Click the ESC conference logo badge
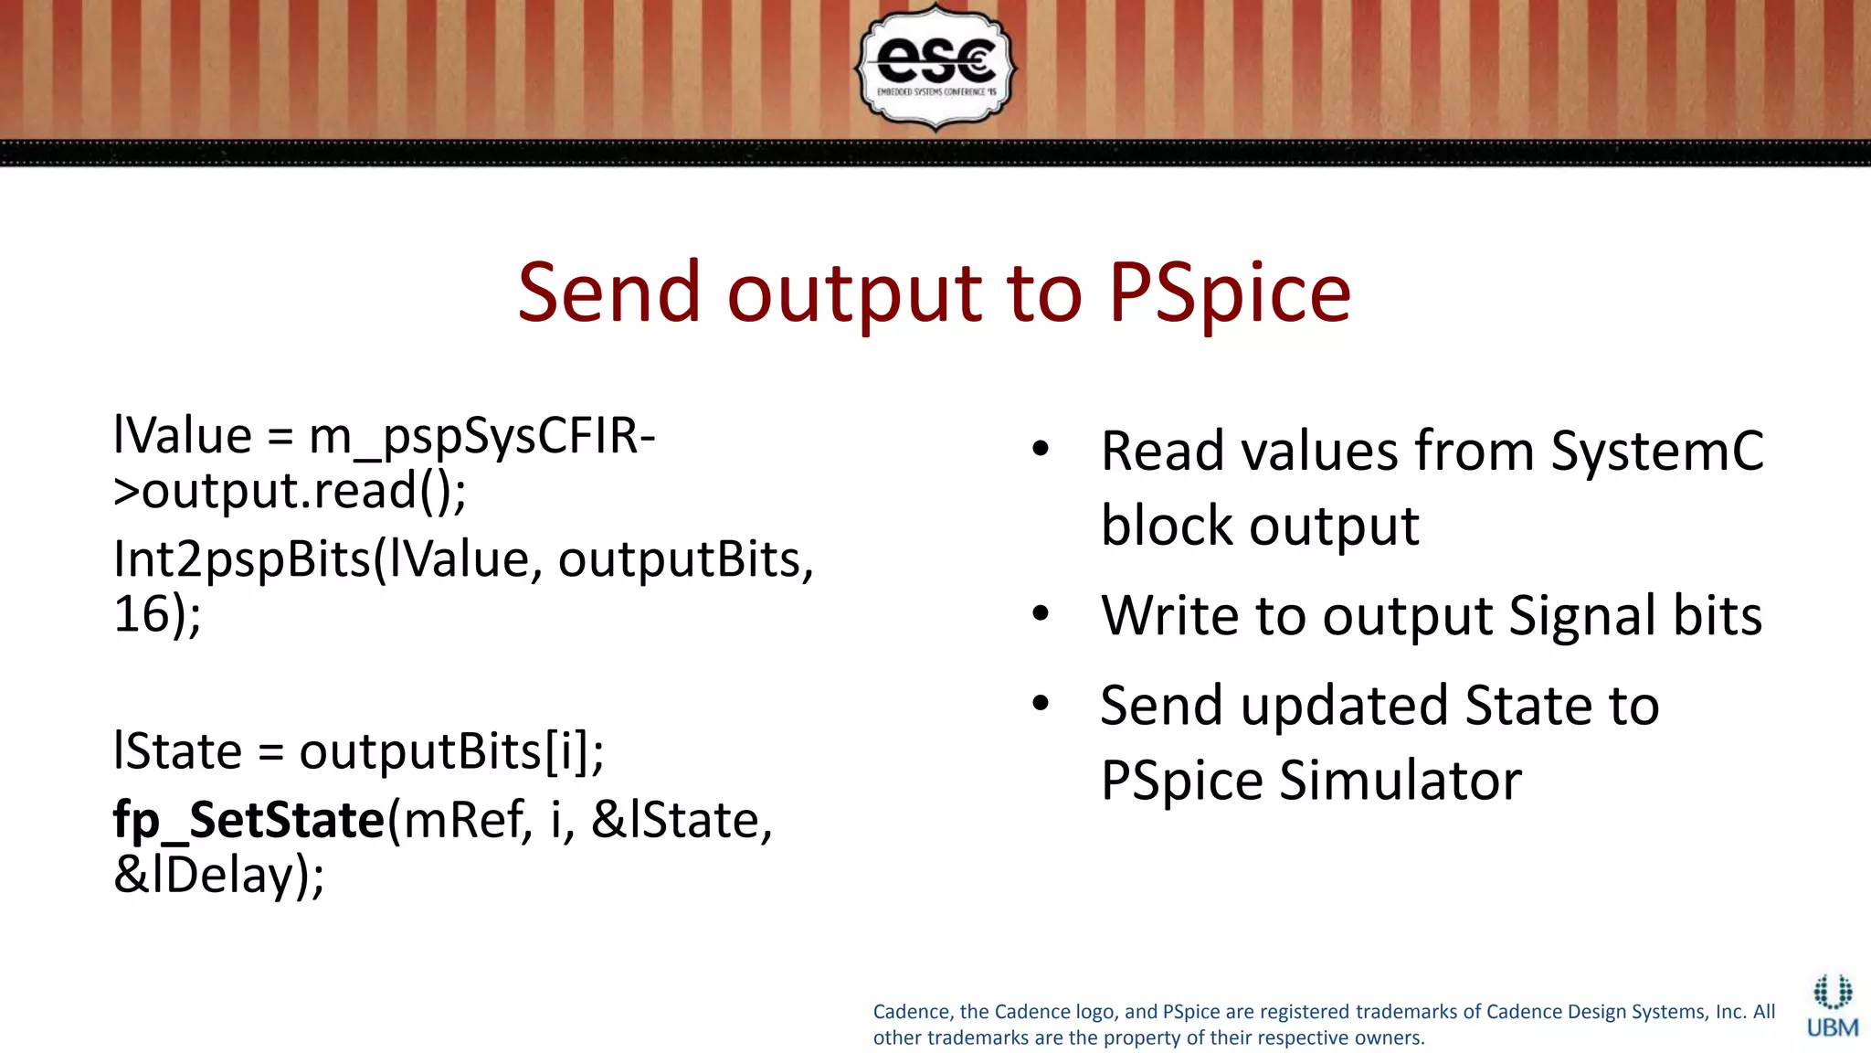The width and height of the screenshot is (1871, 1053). coord(935,66)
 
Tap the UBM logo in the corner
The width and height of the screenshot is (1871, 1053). coord(1832,1007)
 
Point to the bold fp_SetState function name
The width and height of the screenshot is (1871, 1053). coord(248,820)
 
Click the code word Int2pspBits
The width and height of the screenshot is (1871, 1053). coord(241,559)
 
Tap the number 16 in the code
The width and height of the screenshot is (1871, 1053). coord(142,613)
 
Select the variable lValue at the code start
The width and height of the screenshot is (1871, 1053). coord(182,436)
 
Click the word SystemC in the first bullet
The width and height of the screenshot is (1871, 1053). coord(1657,451)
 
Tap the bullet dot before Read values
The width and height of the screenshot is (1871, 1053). coord(1041,449)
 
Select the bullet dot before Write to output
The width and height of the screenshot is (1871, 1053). coord(1041,613)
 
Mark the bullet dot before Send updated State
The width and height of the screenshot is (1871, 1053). coord(1041,703)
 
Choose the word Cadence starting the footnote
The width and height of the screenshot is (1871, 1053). coord(912,1012)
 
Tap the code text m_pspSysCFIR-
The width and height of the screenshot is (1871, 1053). coord(482,436)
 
